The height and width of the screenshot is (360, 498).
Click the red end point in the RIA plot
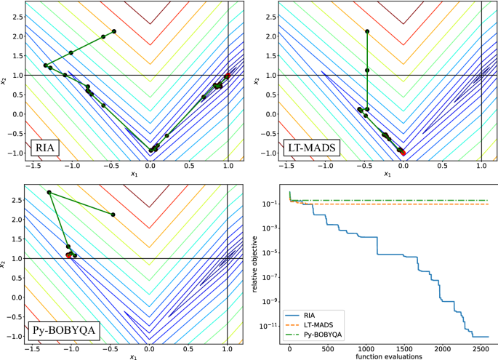pos(227,76)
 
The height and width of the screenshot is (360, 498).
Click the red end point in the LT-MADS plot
pos(403,153)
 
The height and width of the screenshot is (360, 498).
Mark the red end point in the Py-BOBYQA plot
pos(69,255)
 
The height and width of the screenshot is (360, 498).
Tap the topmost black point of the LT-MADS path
pos(367,31)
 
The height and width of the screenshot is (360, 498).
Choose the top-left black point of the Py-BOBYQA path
pos(49,192)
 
